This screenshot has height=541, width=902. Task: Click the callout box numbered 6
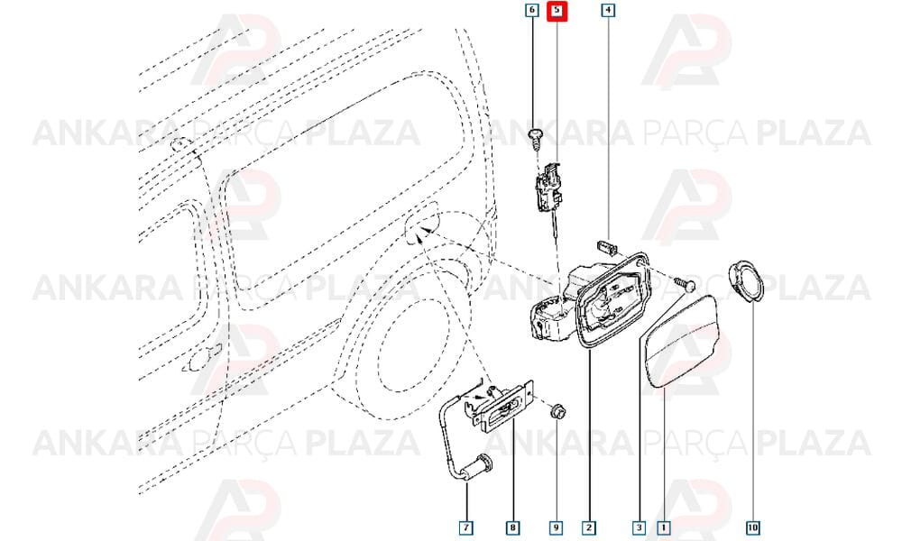point(532,10)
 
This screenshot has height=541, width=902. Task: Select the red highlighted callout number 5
point(557,10)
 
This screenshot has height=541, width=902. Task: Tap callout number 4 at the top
point(608,10)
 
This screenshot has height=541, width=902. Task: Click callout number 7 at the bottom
point(466,527)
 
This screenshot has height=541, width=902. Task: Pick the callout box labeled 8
point(512,527)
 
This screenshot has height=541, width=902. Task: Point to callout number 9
point(557,527)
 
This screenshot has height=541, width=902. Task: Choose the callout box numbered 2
point(588,527)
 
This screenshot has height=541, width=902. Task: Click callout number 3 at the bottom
point(640,527)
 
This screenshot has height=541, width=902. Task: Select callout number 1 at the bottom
point(664,527)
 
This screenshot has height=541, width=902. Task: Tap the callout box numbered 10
point(753,527)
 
